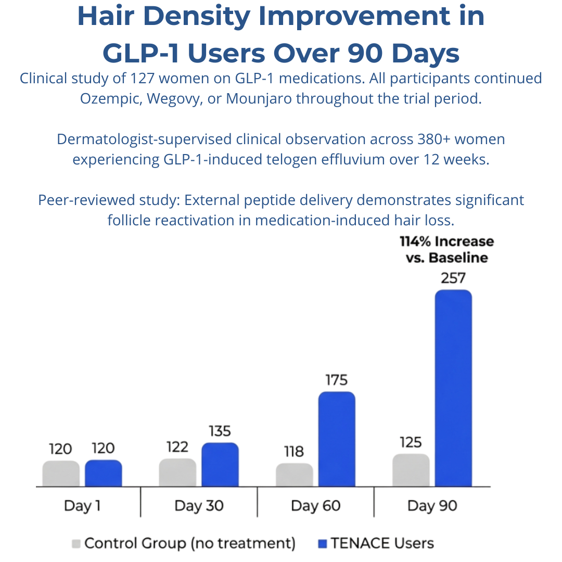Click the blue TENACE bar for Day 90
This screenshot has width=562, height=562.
point(453,388)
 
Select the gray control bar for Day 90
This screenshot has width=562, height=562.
point(411,470)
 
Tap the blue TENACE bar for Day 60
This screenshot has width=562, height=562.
point(337,439)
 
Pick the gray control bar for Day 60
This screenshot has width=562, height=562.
point(295,475)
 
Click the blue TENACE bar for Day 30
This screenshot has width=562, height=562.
point(220,465)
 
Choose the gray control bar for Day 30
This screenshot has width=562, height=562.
point(177,472)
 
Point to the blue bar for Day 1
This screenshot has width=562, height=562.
point(104,474)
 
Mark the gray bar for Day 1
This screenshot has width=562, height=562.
point(61,474)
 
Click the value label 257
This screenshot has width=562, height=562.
point(453,278)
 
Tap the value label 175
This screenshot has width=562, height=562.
point(337,380)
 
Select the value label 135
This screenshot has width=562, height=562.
point(220,431)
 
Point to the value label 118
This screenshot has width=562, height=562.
point(294,452)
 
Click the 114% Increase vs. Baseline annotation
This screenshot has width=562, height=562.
point(446,250)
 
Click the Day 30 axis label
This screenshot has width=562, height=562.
point(199,506)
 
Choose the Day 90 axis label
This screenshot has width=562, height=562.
point(432,506)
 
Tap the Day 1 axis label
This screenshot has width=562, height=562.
point(82,506)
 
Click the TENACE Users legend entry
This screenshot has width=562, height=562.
point(375,544)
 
